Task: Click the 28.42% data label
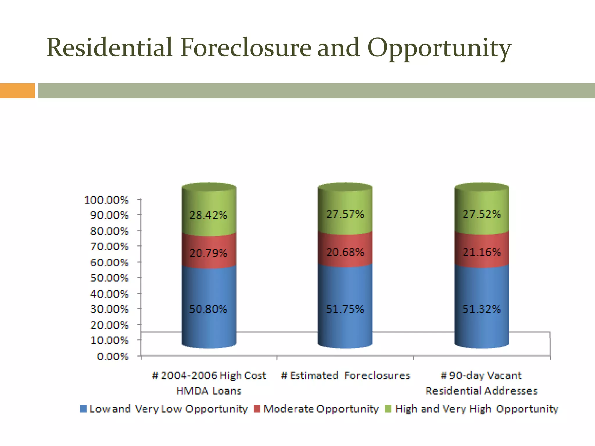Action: coord(208,215)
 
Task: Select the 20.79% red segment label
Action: coord(208,253)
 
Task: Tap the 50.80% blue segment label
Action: coord(208,309)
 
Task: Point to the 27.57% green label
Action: coord(345,215)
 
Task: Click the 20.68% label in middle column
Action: coord(345,252)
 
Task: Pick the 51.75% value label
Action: coord(345,309)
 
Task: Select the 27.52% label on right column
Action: coord(482,215)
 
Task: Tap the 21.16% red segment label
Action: coord(482,252)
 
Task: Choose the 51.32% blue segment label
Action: coord(482,309)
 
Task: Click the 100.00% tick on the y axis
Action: coord(106,200)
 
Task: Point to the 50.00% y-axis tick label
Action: coord(109,278)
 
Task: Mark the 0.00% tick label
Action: coord(113,357)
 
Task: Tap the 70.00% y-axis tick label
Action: coord(109,247)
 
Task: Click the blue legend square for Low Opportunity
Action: coord(83,409)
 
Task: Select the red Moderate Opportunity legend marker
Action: coord(257,409)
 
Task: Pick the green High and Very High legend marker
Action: coord(388,409)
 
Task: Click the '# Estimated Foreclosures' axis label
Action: coord(345,376)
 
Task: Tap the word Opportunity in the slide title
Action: coord(439,48)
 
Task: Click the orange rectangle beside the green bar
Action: coord(17,91)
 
